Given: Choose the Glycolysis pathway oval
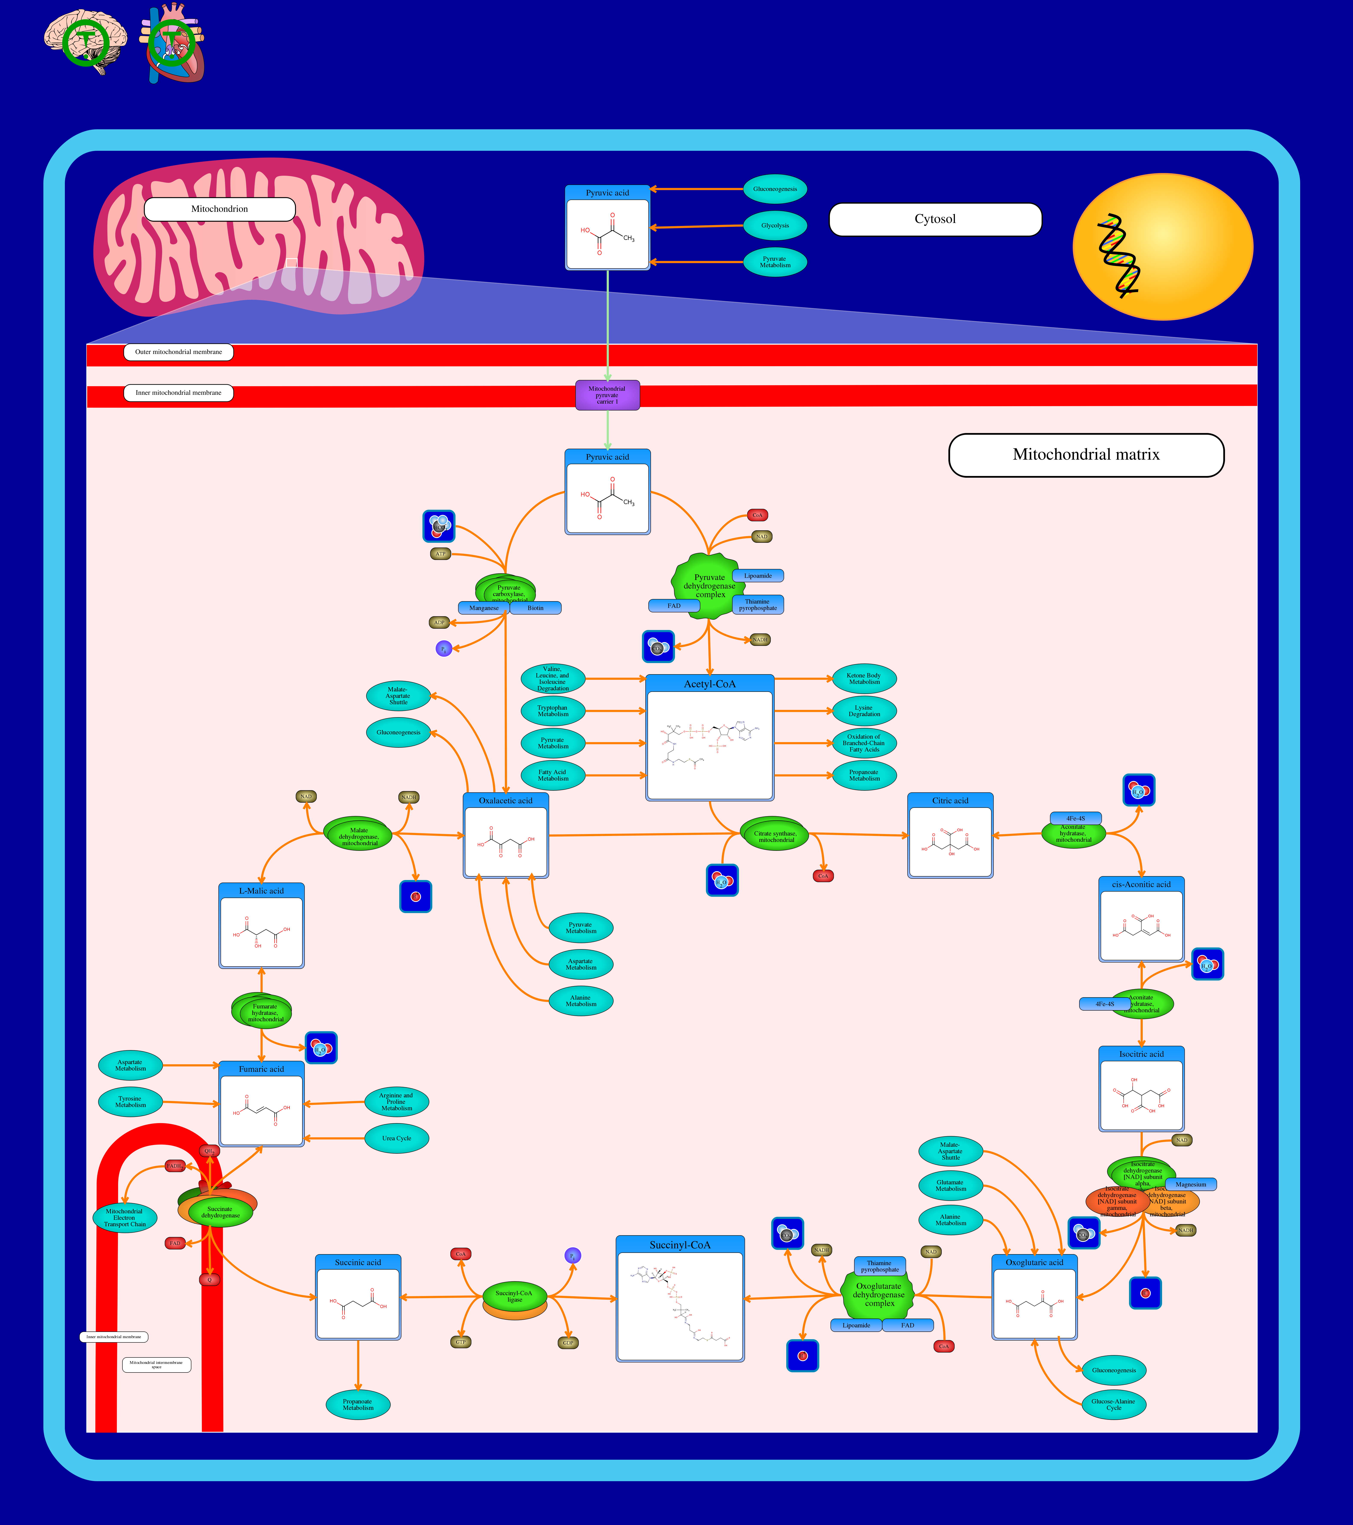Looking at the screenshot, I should pyautogui.click(x=775, y=225).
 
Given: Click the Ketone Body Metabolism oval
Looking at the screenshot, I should pyautogui.click(x=864, y=679).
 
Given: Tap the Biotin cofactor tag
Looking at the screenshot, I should pyautogui.click(x=536, y=608).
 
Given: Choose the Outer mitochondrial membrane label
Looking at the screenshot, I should pyautogui.click(x=178, y=352).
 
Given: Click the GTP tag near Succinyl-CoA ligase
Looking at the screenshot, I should pyautogui.click(x=461, y=1342).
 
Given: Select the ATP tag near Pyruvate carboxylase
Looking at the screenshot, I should pyautogui.click(x=441, y=554).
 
